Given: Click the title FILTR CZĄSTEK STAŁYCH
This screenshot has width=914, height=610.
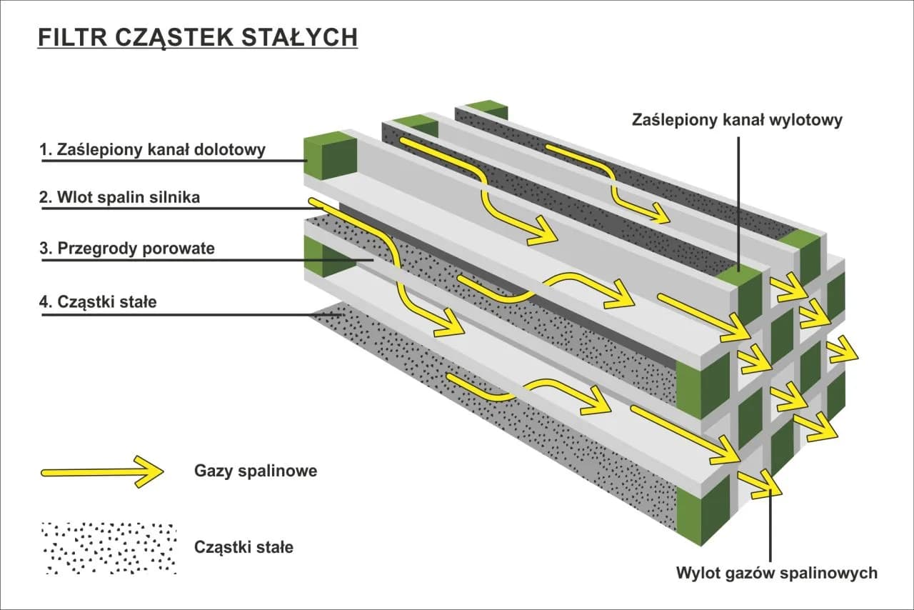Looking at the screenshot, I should [x=197, y=37].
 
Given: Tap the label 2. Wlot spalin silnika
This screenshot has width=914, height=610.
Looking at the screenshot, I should [x=119, y=198].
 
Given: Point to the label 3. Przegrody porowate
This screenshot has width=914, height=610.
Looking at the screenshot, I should [x=126, y=249].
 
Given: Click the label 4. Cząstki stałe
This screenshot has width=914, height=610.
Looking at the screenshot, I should [x=97, y=301].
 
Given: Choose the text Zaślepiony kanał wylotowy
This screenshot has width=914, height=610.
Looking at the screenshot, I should [x=737, y=120].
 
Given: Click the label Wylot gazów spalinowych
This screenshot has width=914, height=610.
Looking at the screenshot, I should [x=777, y=573].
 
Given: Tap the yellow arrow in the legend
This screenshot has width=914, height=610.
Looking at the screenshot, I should [x=102, y=471].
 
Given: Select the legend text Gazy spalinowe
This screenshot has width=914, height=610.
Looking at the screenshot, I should [x=255, y=471].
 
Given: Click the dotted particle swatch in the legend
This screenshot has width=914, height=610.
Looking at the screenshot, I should [x=109, y=548].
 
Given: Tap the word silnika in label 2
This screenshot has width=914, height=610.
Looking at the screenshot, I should [x=174, y=198].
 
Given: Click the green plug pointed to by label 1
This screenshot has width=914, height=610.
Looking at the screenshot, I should [x=330, y=157].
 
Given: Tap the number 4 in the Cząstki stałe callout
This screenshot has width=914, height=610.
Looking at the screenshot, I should [x=44, y=301].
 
